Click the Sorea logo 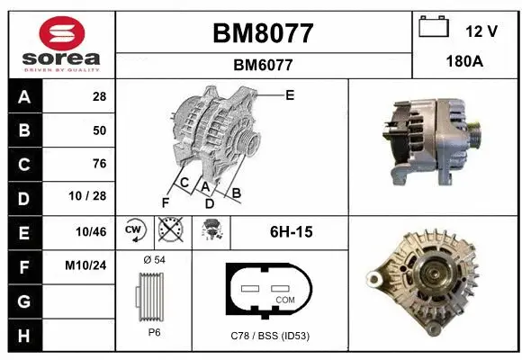[x=59, y=43]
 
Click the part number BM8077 [x=263, y=33]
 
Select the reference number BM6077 [x=263, y=65]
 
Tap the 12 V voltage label [x=481, y=31]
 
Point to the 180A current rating [x=465, y=64]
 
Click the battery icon [x=434, y=28]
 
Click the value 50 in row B [x=99, y=130]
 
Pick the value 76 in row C [x=99, y=164]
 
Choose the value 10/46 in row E [x=92, y=232]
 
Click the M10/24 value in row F [x=87, y=266]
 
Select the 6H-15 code [x=291, y=232]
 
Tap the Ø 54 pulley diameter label [x=154, y=260]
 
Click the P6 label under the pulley [x=154, y=332]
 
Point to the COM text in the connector [x=285, y=299]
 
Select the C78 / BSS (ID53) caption [x=269, y=335]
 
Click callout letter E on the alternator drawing [x=290, y=94]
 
